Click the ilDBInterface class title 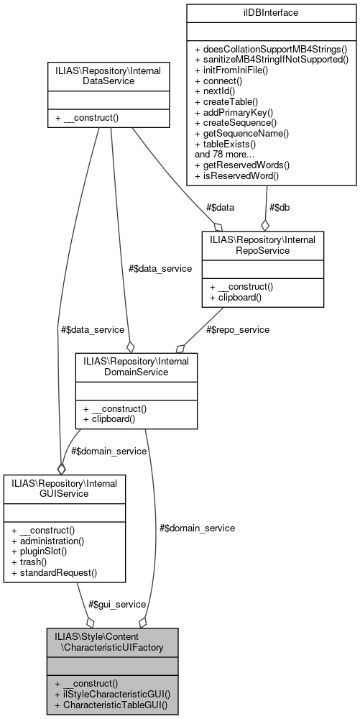point(267,12)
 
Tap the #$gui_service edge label point(117,604)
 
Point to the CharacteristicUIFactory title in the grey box point(111,642)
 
